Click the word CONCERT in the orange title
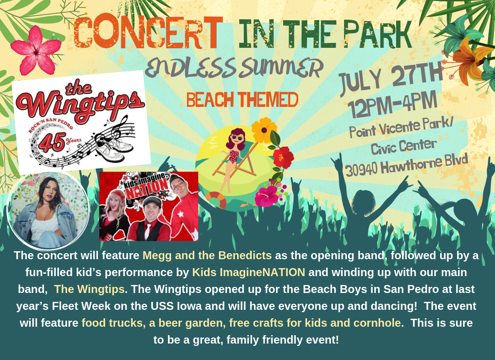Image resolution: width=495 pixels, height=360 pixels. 148,34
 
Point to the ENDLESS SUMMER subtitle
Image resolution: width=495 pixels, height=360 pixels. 234,68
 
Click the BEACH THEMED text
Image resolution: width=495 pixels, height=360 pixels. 242,100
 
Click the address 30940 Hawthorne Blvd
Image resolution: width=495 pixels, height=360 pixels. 406,165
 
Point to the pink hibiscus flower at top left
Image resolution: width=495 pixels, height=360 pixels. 36,50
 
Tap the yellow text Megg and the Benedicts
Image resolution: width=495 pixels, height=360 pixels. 207,256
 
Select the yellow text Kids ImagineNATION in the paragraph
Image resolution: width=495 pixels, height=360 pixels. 248,272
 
